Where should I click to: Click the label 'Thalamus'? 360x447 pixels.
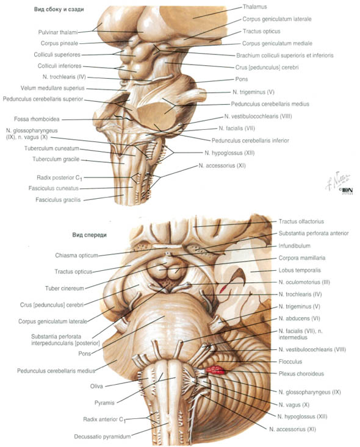pyautogui.click(x=254, y=7)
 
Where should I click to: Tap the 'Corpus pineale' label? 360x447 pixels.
pyautogui.click(x=59, y=43)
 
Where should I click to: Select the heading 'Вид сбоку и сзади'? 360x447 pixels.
pyautogui.click(x=59, y=9)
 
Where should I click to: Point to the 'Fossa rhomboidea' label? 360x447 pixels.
pyautogui.click(x=37, y=119)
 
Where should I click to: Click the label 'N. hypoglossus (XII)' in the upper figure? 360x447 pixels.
pyautogui.click(x=229, y=153)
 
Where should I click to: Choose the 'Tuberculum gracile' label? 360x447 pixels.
pyautogui.click(x=56, y=159)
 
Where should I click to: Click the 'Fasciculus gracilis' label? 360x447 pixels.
pyautogui.click(x=58, y=200)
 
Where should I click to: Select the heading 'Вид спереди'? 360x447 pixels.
pyautogui.click(x=90, y=235)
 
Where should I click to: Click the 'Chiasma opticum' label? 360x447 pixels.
pyautogui.click(x=76, y=256)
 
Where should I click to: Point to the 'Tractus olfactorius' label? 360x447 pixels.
pyautogui.click(x=301, y=221)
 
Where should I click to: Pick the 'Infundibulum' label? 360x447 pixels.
pyautogui.click(x=294, y=246)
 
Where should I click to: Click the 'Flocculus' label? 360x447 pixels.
pyautogui.click(x=290, y=362)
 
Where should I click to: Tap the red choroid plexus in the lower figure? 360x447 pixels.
pyautogui.click(x=215, y=370)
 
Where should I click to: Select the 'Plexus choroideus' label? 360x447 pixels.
pyautogui.click(x=301, y=374)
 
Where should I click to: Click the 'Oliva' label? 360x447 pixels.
pyautogui.click(x=96, y=387)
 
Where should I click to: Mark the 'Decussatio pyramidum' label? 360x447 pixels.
pyautogui.click(x=102, y=437)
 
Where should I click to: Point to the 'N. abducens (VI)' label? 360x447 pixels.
pyautogui.click(x=299, y=318)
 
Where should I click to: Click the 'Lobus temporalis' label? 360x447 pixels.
pyautogui.click(x=300, y=270)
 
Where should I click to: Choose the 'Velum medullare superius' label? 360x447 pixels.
pyautogui.click(x=52, y=88)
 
